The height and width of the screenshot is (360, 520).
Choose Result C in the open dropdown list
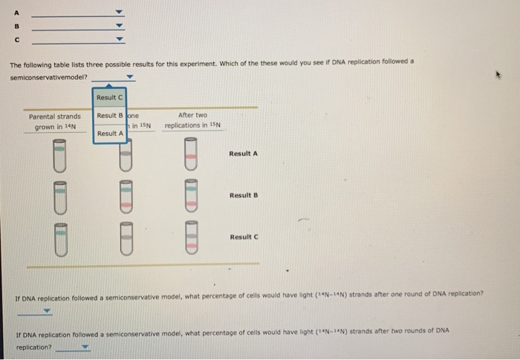(109, 97)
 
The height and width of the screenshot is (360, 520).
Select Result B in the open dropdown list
(109, 115)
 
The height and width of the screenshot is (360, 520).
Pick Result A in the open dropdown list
(109, 133)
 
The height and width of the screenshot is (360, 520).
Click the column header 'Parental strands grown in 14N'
(54, 121)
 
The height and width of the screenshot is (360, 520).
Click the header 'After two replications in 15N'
(192, 120)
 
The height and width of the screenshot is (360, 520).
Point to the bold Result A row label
(244, 154)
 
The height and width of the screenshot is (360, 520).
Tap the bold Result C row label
(244, 237)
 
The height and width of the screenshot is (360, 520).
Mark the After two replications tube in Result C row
(192, 237)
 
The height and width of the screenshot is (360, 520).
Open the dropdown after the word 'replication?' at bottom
(83, 347)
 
